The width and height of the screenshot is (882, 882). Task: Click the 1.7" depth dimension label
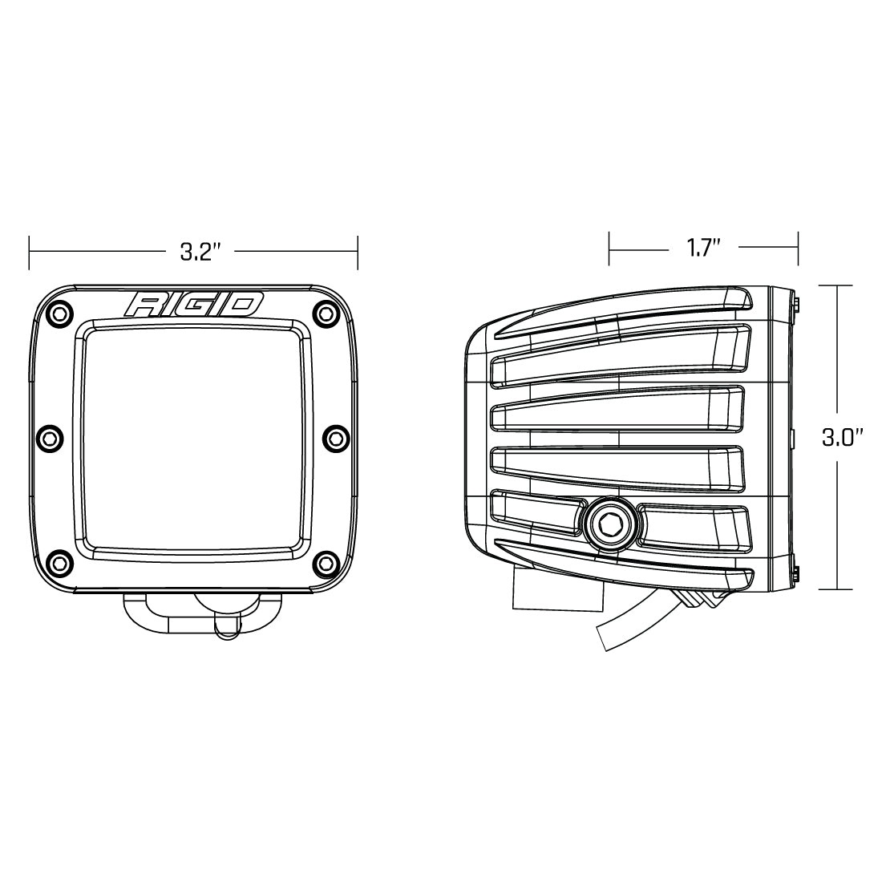point(704,248)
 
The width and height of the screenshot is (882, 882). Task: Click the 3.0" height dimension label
point(842,438)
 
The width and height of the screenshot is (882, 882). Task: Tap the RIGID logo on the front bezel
point(193,305)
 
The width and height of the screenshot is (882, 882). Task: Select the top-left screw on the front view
point(59,314)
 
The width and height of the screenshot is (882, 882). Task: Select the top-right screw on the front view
point(327,313)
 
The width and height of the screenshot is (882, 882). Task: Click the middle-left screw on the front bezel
point(51,437)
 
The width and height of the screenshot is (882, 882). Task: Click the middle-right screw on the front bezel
point(334,437)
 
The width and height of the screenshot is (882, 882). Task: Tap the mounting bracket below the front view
point(192,613)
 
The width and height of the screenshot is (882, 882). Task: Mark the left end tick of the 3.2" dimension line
point(30,253)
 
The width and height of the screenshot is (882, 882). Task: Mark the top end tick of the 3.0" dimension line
point(838,285)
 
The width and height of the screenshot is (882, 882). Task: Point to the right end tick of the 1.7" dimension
point(798,248)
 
